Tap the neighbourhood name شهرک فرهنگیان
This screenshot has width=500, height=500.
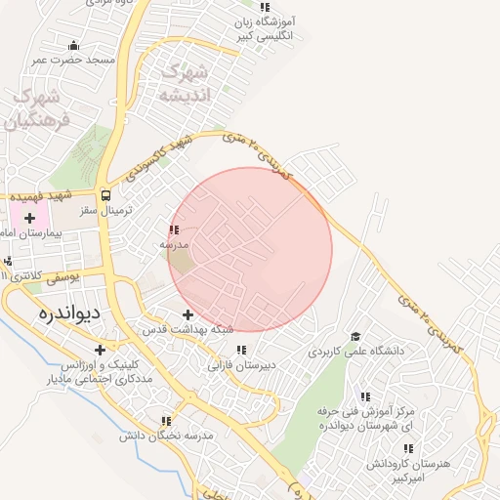40,109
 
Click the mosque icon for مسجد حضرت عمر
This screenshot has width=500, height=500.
73,45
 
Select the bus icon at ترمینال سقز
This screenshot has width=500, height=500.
105,194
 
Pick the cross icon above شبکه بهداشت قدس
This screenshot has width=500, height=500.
187,314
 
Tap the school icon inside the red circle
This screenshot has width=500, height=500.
174,230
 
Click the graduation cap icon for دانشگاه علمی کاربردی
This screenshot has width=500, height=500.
354,334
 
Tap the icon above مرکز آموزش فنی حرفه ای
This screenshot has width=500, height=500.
364,396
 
